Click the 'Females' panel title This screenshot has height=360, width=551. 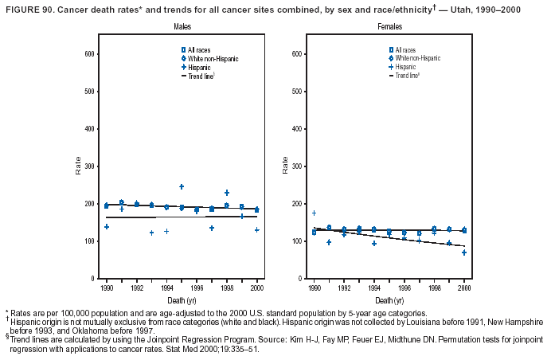point(367,27)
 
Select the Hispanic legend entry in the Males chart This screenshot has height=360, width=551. point(199,67)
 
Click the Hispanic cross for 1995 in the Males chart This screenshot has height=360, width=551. point(182,186)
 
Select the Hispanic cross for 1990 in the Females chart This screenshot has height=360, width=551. point(314,213)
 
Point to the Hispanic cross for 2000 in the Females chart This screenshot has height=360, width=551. point(464,252)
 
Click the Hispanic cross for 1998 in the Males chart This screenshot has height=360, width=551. point(227,193)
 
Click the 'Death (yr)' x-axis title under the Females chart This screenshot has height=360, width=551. point(389,299)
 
